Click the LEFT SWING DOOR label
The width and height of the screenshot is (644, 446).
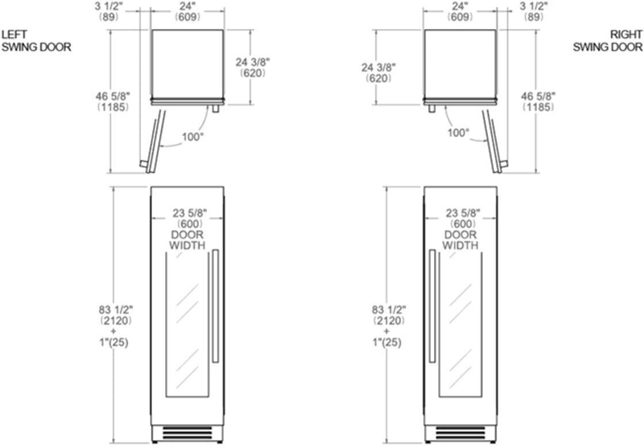point(36,41)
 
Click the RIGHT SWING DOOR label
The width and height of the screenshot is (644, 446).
point(608,41)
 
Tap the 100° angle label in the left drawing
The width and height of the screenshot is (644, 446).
point(192,136)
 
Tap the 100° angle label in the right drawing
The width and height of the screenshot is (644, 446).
point(458,133)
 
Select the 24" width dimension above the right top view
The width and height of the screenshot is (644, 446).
point(460,11)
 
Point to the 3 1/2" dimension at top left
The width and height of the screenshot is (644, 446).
point(109,11)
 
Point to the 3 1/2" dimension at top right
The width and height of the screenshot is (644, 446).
point(534,11)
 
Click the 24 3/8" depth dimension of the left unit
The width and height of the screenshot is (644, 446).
point(253,68)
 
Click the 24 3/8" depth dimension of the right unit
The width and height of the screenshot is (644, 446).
point(378,72)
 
